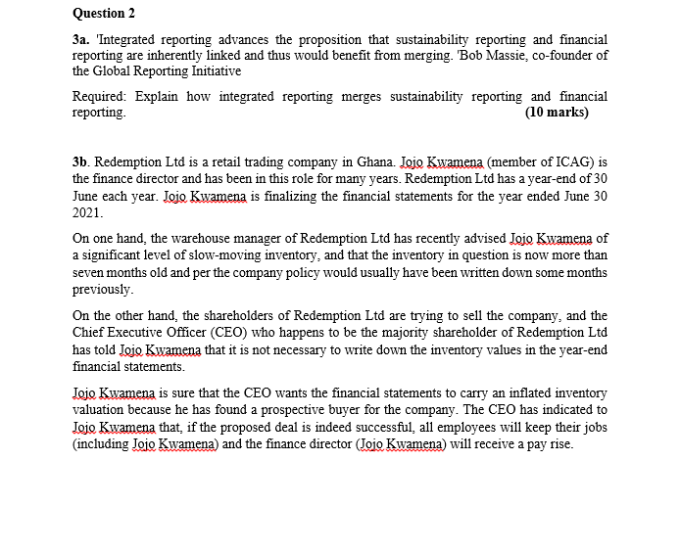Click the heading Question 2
click(x=104, y=13)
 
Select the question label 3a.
click(x=81, y=39)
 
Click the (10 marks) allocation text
click(x=557, y=113)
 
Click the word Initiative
click(x=214, y=70)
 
